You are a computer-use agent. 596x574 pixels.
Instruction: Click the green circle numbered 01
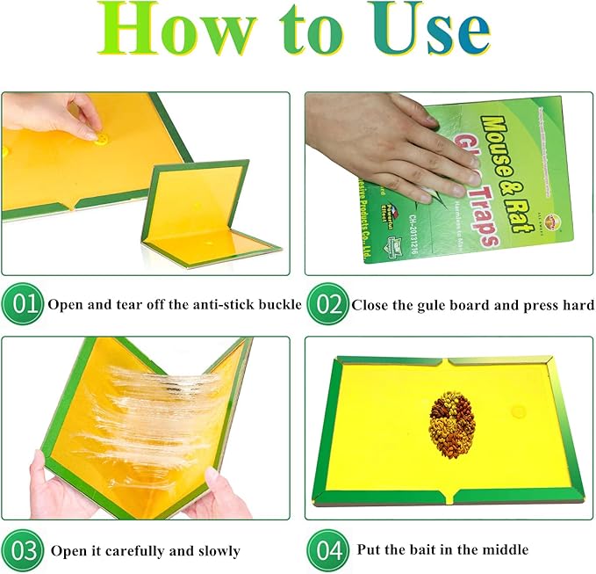pos(21,305)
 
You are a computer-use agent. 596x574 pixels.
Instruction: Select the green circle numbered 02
pos(326,305)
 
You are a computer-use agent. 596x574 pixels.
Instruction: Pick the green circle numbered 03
pos(21,550)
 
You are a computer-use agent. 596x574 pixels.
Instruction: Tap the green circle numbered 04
pos(327,550)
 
